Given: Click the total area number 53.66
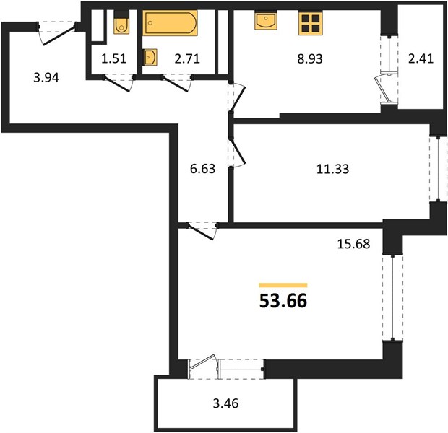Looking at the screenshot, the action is click(283, 301).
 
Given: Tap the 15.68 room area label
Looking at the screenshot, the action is click(353, 244).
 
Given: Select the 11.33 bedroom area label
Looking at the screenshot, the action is click(332, 169).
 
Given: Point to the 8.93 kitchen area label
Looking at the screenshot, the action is click(310, 58).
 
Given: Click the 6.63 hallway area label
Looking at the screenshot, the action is click(202, 169).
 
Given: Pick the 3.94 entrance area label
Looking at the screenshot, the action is click(46, 78).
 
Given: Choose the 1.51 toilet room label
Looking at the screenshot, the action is click(113, 58).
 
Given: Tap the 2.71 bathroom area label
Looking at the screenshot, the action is click(187, 58).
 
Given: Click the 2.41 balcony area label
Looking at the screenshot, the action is click(421, 58).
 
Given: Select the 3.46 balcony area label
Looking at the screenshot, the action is click(225, 403).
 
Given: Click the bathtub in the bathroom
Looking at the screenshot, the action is click(171, 23).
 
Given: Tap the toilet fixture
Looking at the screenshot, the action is click(121, 22).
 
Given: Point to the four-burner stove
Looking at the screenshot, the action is click(311, 23).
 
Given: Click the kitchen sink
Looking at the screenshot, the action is click(266, 20).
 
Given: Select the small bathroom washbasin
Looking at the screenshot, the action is click(150, 58).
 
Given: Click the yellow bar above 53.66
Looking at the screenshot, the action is click(283, 285).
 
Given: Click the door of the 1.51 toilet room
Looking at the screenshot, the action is click(118, 84).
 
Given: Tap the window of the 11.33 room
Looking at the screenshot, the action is click(439, 170).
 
